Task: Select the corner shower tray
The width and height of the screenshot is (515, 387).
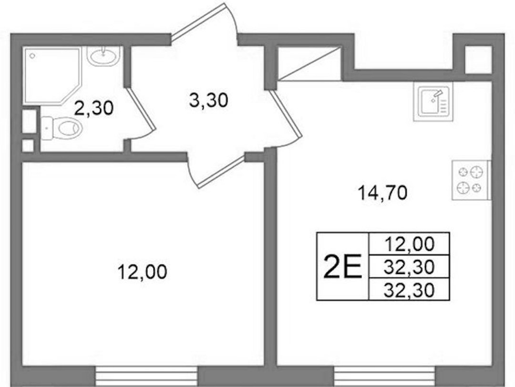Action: (52, 75)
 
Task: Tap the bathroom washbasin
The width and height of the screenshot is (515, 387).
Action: (103, 56)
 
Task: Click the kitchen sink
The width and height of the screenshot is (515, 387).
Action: (433, 101)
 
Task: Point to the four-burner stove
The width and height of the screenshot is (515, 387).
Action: (471, 180)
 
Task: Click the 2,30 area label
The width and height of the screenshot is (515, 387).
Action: (94, 108)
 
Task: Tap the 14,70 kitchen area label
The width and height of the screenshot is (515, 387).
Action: (382, 193)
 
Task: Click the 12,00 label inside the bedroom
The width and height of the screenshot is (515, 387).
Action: (143, 272)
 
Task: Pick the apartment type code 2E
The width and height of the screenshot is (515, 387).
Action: (342, 266)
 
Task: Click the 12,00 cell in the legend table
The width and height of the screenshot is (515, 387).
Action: (410, 244)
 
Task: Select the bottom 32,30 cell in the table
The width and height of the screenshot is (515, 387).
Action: (410, 289)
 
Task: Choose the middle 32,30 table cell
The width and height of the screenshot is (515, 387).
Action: (410, 267)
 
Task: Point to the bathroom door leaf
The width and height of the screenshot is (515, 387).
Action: (141, 108)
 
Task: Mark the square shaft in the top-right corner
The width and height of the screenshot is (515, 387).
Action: (479, 60)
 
